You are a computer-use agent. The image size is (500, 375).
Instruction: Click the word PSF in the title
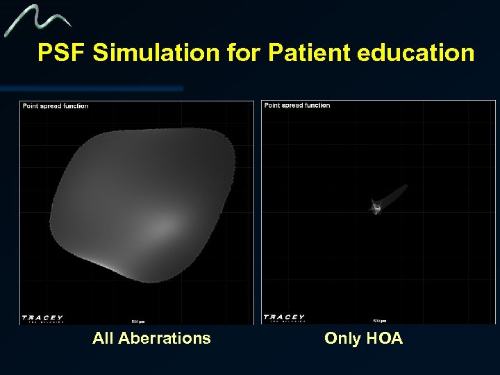(x=62, y=53)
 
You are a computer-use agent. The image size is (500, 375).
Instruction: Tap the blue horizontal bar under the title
(x=90, y=89)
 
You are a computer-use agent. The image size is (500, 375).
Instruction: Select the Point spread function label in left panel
(x=56, y=106)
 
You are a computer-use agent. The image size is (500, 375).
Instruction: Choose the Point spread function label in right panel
(x=297, y=106)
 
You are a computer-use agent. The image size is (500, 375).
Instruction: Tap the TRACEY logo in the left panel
(x=42, y=318)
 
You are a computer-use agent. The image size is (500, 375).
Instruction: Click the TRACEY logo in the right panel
(x=284, y=318)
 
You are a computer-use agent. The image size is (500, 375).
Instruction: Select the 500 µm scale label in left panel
(x=137, y=321)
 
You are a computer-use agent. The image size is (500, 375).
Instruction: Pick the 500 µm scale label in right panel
(x=379, y=321)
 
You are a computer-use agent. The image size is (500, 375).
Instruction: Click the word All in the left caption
(x=103, y=339)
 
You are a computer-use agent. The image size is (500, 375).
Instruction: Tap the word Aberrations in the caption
(x=164, y=339)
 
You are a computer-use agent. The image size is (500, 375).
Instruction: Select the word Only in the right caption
(x=341, y=339)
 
